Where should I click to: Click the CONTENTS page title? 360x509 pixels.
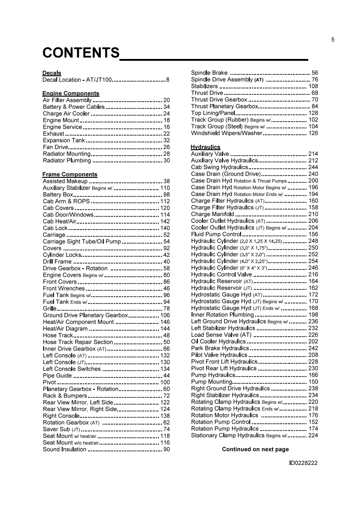point(81,53)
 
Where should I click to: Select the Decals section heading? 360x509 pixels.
point(52,73)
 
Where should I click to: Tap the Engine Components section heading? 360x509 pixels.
point(71,93)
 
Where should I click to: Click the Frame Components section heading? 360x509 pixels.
point(70,174)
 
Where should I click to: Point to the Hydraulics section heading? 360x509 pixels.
point(206,147)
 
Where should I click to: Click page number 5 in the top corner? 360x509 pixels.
point(333,39)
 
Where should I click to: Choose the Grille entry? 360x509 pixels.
point(49,308)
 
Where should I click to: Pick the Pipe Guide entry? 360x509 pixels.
point(57,376)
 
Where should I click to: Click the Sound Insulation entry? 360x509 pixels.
point(64,449)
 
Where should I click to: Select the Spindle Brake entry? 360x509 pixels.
point(210,73)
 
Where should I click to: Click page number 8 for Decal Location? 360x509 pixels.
point(168,80)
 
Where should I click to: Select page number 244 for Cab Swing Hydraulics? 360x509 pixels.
point(313,167)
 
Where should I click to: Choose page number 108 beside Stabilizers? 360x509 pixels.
point(313,86)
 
